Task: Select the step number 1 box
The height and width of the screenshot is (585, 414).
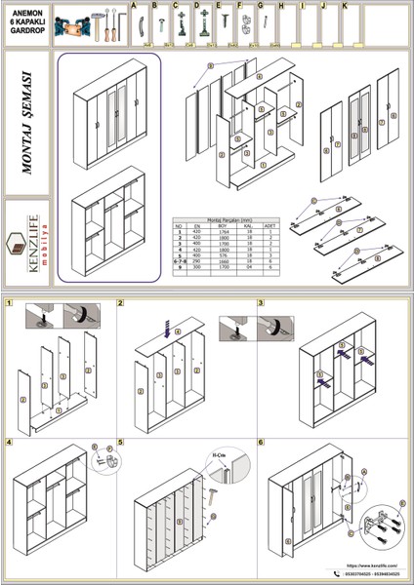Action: [x=8, y=304]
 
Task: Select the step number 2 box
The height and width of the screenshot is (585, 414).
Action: [x=121, y=304]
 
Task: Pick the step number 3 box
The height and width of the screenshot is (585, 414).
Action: [x=261, y=304]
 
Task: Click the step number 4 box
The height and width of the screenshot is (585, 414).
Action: [x=8, y=442]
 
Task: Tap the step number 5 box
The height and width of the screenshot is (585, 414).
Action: [x=121, y=442]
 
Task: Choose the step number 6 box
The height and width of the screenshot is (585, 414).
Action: [x=261, y=442]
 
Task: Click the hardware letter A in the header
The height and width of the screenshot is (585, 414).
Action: [x=133, y=6]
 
